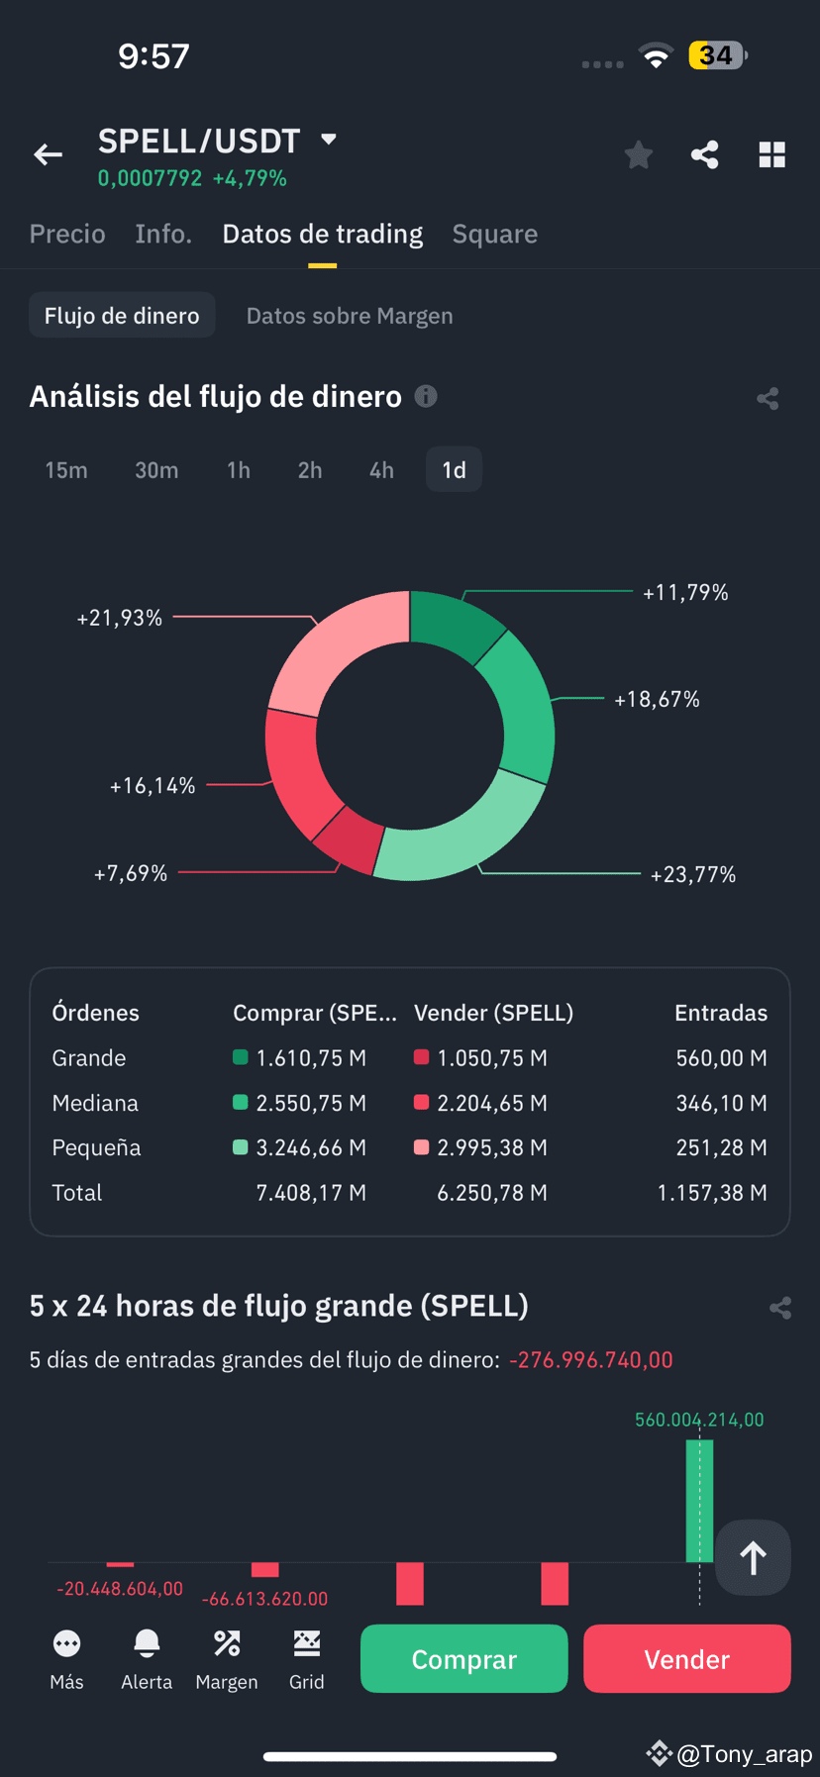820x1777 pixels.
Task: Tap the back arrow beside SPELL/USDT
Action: point(48,154)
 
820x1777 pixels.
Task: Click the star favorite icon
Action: point(639,154)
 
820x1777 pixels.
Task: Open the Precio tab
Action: point(67,234)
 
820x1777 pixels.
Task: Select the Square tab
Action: point(495,234)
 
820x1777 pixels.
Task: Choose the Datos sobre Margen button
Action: point(350,316)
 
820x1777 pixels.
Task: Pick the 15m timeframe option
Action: point(66,470)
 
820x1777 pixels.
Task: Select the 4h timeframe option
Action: point(381,470)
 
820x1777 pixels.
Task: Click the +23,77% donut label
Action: point(693,874)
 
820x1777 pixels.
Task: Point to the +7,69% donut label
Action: point(131,873)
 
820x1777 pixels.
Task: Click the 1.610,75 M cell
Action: point(311,1058)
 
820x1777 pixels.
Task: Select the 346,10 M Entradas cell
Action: point(722,1103)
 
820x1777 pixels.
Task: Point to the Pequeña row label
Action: point(96,1148)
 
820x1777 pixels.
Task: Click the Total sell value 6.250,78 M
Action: point(492,1193)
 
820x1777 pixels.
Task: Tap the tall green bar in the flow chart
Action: point(699,1501)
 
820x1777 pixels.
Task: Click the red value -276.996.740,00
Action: point(591,1360)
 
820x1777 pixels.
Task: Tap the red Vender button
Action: point(687,1658)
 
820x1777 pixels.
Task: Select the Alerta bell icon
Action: point(147,1643)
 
